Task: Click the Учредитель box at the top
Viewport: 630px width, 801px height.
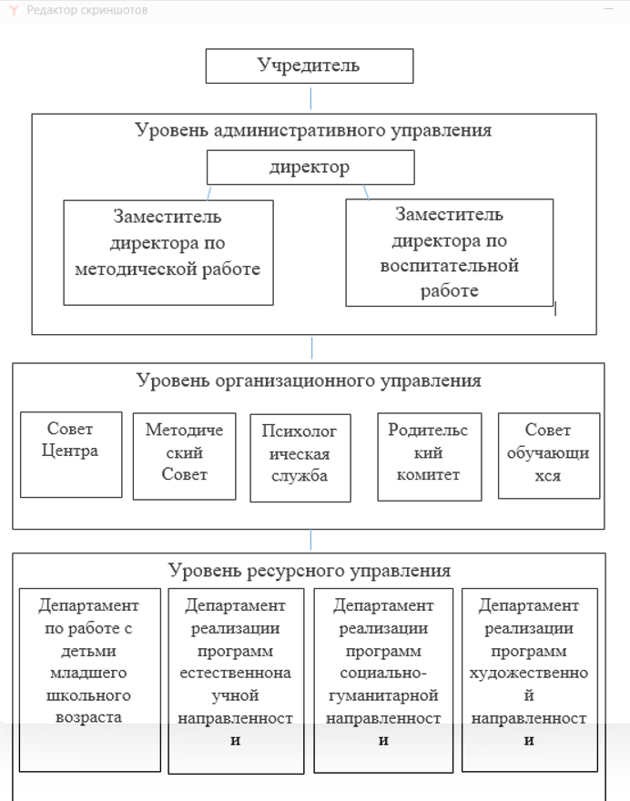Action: coord(310,66)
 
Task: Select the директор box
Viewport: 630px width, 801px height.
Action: coord(310,167)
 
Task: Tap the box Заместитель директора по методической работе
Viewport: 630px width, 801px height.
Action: coord(168,252)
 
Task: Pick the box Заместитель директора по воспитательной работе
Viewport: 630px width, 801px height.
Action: coord(449,252)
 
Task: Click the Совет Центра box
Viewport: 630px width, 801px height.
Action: coord(71,454)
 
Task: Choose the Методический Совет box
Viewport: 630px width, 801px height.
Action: coord(184,456)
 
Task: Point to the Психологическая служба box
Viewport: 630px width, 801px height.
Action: coord(300,458)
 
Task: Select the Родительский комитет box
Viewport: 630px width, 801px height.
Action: coord(429,456)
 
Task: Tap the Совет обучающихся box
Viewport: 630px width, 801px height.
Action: coord(549,455)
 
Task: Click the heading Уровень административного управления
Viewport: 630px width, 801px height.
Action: coord(313,130)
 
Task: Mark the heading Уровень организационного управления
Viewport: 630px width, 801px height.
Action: coord(309,380)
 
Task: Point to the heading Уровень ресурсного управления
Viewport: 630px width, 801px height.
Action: coord(310,570)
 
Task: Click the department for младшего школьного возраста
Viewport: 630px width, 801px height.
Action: coord(89,679)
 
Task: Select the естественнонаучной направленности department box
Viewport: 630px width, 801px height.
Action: coord(236,681)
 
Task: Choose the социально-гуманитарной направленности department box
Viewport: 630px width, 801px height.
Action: coord(383,681)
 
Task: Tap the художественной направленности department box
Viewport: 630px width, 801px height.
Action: coord(529,679)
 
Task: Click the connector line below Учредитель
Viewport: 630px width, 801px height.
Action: coord(310,98)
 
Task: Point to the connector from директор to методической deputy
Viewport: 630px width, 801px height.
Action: coord(209,193)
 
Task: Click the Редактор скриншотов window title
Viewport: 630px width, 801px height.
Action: coord(87,10)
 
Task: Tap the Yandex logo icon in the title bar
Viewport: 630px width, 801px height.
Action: coord(14,10)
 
